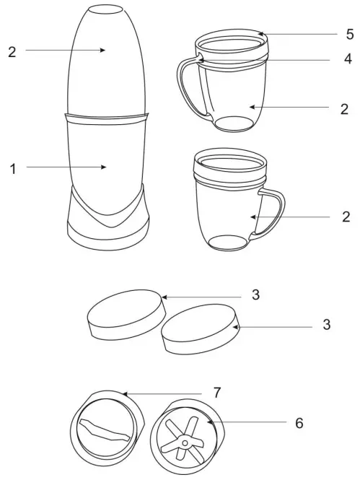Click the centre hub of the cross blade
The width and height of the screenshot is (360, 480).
185,441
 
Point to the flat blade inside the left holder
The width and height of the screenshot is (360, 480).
106,431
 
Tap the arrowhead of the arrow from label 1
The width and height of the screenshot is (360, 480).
105,167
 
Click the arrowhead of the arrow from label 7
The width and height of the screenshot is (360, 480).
124,393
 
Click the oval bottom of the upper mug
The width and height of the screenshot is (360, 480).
234,123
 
